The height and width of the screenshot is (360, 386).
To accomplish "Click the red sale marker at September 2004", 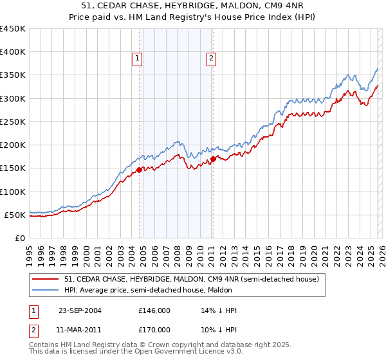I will [x=139, y=170].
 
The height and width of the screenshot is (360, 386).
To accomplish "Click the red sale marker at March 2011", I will [x=213, y=159].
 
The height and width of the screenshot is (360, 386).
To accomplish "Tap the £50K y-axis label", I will [x=14, y=215].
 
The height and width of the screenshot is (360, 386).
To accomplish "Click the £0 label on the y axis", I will [x=19, y=238].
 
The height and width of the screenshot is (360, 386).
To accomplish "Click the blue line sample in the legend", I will [x=46, y=291].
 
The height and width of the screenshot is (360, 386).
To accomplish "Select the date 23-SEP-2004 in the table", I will [x=79, y=310].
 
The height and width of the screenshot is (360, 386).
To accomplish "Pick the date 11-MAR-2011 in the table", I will [x=79, y=330].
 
